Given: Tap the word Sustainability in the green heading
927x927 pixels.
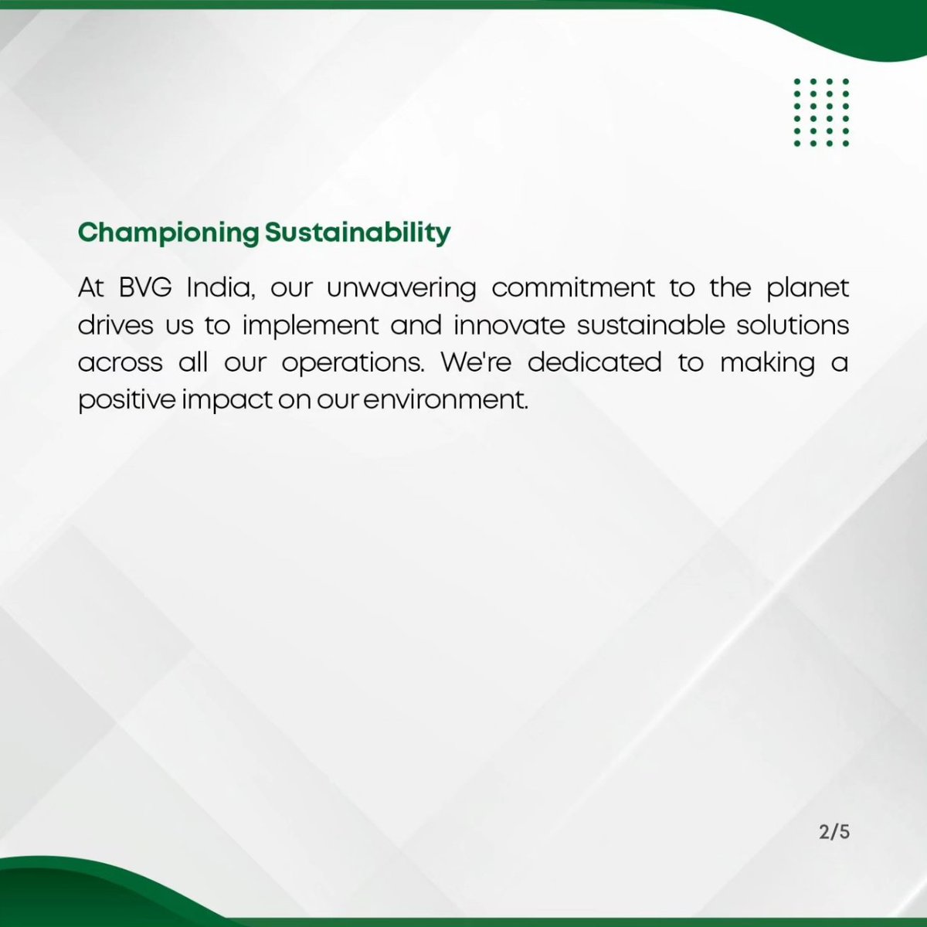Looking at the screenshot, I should [358, 233].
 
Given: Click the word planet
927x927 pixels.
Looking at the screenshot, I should [808, 288].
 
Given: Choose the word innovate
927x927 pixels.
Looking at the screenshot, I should [509, 325].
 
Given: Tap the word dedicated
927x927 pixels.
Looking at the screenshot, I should [594, 362].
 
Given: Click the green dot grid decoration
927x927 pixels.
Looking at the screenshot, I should [821, 112].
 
